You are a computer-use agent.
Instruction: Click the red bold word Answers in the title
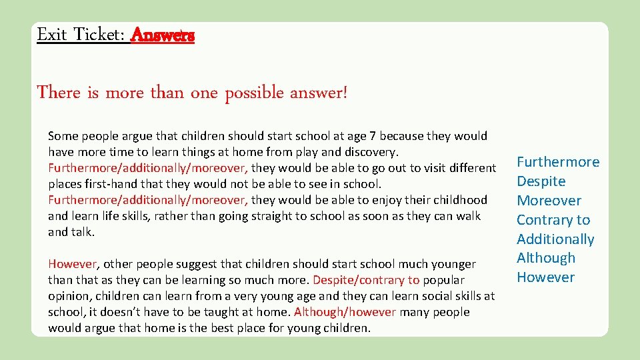pyautogui.click(x=163, y=35)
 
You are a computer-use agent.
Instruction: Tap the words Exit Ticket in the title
pyautogui.click(x=80, y=35)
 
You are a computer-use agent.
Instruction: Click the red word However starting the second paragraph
pyautogui.click(x=73, y=264)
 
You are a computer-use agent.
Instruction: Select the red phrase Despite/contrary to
pyautogui.click(x=366, y=280)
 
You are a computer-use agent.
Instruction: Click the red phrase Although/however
pyautogui.click(x=345, y=312)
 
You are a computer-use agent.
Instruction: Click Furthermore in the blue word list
pyautogui.click(x=558, y=162)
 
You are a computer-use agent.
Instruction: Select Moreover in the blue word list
pyautogui.click(x=549, y=201)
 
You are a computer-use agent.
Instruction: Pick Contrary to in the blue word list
pyautogui.click(x=553, y=220)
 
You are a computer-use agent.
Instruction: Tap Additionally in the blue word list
pyautogui.click(x=555, y=239)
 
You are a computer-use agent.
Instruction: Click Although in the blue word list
pyautogui.click(x=546, y=258)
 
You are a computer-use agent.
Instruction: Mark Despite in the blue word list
pyautogui.click(x=541, y=181)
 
